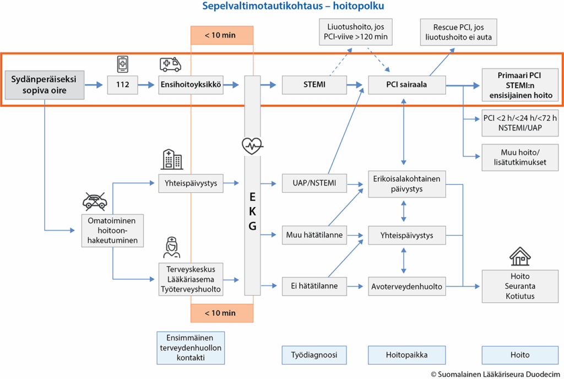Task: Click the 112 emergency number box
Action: (x=122, y=85)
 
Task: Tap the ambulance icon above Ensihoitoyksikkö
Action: (x=170, y=64)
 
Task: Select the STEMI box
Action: (x=314, y=85)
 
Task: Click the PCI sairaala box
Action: (x=407, y=85)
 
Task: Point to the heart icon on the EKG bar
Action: (x=252, y=145)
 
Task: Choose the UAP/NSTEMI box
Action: (x=314, y=183)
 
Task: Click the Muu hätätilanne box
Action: (x=314, y=235)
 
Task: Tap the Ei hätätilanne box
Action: (x=314, y=286)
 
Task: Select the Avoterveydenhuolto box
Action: (x=407, y=286)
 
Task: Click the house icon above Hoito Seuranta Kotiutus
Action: (x=520, y=256)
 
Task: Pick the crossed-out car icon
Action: (x=95, y=202)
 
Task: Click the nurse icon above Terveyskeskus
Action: (x=172, y=247)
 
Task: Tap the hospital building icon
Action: (x=172, y=160)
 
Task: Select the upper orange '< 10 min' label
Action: (x=222, y=35)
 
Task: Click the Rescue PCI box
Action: (x=459, y=32)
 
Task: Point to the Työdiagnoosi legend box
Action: (x=314, y=355)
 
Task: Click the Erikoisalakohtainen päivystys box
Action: (x=407, y=184)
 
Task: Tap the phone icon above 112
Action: (x=123, y=64)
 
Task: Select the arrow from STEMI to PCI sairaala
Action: (x=355, y=85)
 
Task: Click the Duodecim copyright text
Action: (x=496, y=375)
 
